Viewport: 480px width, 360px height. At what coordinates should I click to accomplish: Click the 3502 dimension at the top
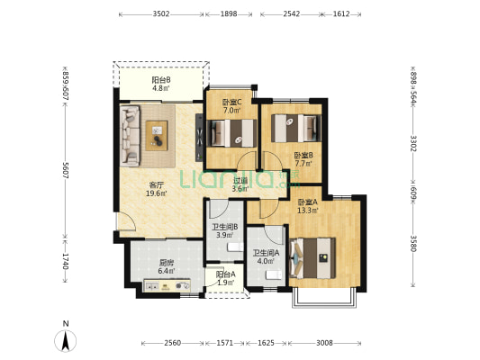pos(161,14)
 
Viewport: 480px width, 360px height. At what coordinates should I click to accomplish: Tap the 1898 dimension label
pos(229,14)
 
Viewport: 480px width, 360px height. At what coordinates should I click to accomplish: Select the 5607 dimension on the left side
pos(65,170)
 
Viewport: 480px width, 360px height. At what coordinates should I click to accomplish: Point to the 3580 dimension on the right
pos(413,243)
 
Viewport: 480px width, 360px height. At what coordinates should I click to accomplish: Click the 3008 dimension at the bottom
pos(324,343)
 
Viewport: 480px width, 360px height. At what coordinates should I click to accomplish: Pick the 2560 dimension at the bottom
pos(173,343)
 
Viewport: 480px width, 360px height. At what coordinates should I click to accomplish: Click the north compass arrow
pos(65,340)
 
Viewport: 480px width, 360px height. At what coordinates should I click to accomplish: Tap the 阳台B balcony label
pos(161,80)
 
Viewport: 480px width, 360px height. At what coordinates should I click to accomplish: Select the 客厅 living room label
pos(156,185)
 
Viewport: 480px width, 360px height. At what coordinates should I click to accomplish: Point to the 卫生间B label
pos(225,228)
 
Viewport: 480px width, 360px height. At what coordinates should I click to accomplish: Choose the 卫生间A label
pos(266,253)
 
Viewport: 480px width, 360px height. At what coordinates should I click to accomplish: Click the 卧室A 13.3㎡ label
pos(308,206)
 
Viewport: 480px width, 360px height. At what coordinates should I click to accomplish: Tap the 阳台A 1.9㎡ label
pos(226,278)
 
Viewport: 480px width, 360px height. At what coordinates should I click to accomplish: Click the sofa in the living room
pos(131,136)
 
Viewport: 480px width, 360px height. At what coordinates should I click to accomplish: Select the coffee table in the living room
pos(157,136)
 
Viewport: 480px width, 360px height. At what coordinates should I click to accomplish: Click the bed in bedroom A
pos(312,258)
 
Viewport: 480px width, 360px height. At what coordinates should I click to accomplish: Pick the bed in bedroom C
pos(232,133)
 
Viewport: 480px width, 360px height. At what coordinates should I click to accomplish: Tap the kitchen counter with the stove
pos(168,285)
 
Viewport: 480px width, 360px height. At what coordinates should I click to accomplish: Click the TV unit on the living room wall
pos(199,138)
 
